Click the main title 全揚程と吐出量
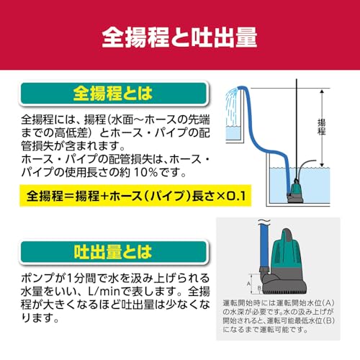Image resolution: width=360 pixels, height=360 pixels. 179,37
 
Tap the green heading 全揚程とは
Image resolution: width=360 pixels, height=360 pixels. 113,94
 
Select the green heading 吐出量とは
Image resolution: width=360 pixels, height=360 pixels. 113,252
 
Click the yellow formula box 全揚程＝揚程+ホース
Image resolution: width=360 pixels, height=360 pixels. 135,196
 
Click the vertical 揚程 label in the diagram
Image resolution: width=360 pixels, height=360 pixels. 322,127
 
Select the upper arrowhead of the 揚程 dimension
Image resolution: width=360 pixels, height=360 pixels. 322,91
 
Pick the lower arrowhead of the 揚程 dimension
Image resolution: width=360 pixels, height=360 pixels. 322,166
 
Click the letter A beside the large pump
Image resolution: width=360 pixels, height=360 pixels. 248,284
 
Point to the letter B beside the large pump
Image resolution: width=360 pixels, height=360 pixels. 259,287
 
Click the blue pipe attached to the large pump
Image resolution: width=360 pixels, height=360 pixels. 264,246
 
